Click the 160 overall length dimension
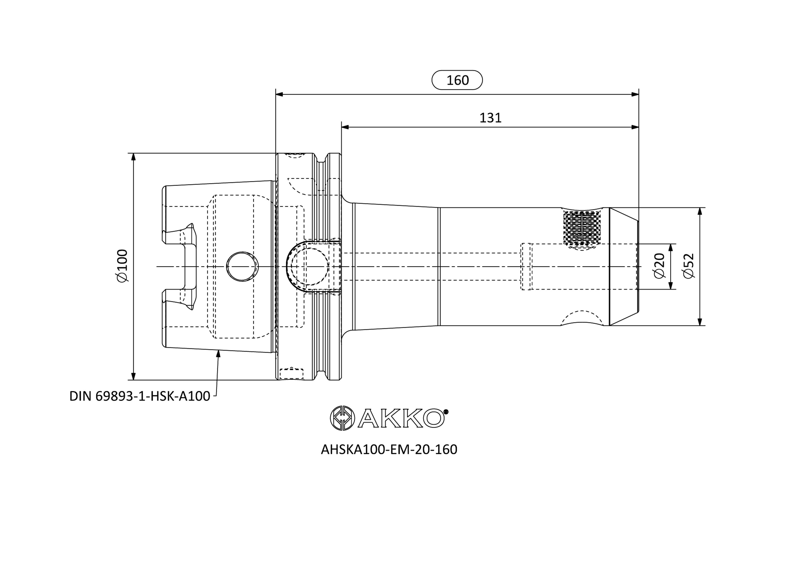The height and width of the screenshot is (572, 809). click(457, 80)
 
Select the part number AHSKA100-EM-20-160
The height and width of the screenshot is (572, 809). click(389, 449)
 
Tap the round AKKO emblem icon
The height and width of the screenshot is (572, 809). click(342, 418)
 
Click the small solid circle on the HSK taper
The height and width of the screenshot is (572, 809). click(242, 266)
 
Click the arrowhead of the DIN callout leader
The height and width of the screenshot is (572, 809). click(218, 354)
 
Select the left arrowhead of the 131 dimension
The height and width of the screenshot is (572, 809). click(345, 127)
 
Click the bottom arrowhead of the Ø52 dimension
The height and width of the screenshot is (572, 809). click(700, 322)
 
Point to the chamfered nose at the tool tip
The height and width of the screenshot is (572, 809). click(623, 266)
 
